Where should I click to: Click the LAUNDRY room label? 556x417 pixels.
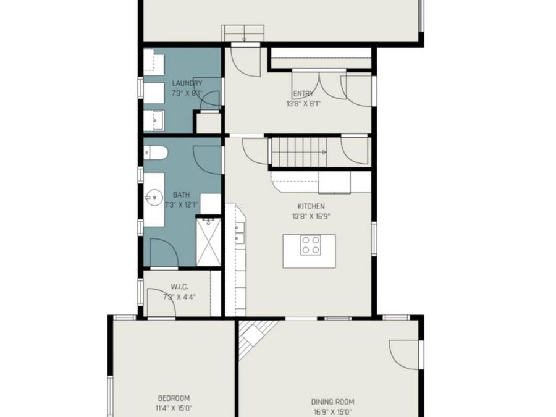(187, 83)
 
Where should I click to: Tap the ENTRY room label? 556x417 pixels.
(303, 94)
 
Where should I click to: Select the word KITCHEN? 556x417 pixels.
(311, 206)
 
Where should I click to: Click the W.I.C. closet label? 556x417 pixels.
(179, 287)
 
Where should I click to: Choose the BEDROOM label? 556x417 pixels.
(174, 398)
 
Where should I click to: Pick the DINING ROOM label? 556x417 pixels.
(332, 402)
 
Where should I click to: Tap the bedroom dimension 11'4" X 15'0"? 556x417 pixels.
(174, 408)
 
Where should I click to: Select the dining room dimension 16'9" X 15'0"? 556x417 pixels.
(332, 411)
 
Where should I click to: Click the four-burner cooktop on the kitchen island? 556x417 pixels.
(310, 245)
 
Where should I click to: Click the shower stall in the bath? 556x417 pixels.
(208, 241)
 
